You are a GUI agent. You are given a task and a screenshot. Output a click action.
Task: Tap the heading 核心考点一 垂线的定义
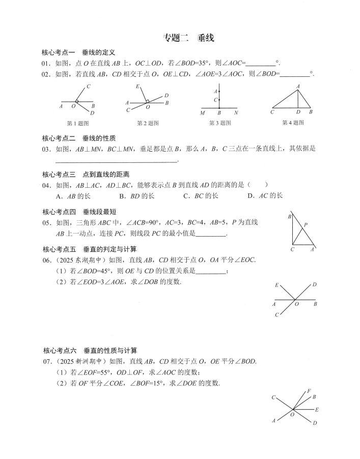tap(79, 52)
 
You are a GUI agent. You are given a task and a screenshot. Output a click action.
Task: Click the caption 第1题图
tap(78, 123)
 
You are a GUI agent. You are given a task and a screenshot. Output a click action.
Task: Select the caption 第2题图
tap(148, 123)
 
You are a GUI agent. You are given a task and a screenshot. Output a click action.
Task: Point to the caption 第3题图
tap(220, 123)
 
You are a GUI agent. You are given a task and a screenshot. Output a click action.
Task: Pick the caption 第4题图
tap(293, 123)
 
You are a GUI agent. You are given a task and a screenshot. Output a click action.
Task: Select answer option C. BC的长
tap(201, 195)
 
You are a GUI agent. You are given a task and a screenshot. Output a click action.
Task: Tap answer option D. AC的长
tap(265, 195)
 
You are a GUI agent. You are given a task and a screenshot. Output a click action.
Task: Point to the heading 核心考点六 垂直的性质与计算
tap(90, 351)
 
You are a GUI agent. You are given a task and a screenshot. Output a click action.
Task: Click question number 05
tap(47, 223)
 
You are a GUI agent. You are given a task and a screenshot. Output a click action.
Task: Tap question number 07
tap(47, 362)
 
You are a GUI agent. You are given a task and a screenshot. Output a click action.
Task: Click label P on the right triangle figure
tap(306, 224)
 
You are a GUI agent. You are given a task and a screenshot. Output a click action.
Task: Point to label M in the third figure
tap(203, 112)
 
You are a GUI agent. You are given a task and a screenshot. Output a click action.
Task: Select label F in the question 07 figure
tap(309, 391)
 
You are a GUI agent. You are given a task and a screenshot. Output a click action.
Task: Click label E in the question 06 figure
tap(276, 285)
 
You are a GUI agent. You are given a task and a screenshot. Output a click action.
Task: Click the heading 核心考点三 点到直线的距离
tap(86, 175)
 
